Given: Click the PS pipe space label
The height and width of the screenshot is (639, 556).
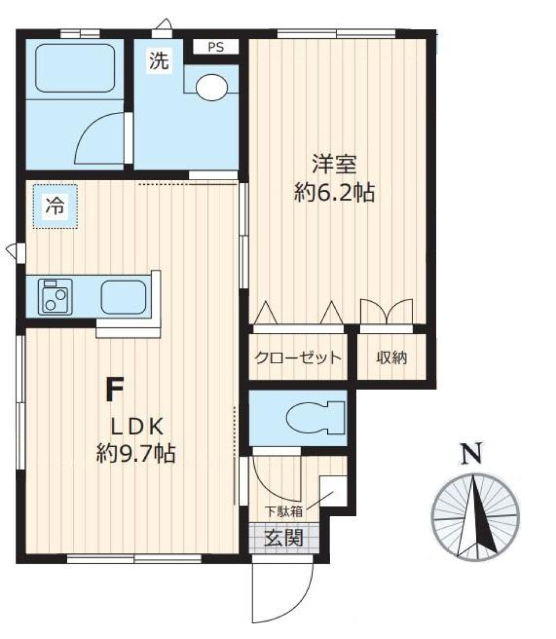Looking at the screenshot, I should pyautogui.click(x=215, y=48).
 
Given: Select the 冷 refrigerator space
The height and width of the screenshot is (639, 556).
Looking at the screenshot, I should pyautogui.click(x=55, y=206).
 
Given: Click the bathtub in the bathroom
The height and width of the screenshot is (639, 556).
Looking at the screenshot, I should pyautogui.click(x=75, y=68).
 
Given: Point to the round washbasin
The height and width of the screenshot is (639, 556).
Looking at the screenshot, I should pyautogui.click(x=213, y=87).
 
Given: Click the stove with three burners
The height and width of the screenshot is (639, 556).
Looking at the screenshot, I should pyautogui.click(x=56, y=297).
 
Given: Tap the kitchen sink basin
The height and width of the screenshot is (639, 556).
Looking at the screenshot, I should pyautogui.click(x=123, y=297).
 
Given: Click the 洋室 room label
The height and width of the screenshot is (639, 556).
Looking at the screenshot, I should pyautogui.click(x=334, y=165).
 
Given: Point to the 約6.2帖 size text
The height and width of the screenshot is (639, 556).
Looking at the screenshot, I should pyautogui.click(x=334, y=192).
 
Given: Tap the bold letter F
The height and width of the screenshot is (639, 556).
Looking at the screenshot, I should pyautogui.click(x=114, y=389).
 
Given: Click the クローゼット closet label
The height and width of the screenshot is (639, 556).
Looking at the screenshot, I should pyautogui.click(x=298, y=358).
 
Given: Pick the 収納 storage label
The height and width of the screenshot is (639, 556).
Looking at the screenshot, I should pyautogui.click(x=392, y=358).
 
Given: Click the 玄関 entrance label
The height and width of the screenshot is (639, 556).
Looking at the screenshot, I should pyautogui.click(x=284, y=539).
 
